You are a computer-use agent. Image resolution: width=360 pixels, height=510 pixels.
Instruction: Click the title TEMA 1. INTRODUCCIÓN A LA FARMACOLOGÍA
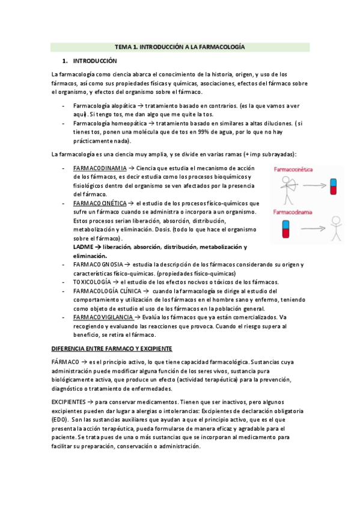(180, 46)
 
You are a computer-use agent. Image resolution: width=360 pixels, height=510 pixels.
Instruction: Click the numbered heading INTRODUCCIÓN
(94, 61)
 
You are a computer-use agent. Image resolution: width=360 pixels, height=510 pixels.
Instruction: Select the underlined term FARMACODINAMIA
(99, 168)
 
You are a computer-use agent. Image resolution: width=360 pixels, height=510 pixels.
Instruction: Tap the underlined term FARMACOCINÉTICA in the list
(100, 203)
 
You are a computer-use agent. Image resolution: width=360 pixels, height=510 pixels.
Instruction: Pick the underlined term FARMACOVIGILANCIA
(103, 317)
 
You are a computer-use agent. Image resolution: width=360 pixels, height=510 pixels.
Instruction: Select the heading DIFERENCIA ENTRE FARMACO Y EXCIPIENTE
(112, 348)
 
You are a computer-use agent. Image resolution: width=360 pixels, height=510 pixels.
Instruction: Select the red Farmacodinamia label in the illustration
(294, 212)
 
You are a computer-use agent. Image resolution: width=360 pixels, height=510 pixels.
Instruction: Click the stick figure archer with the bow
(285, 187)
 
